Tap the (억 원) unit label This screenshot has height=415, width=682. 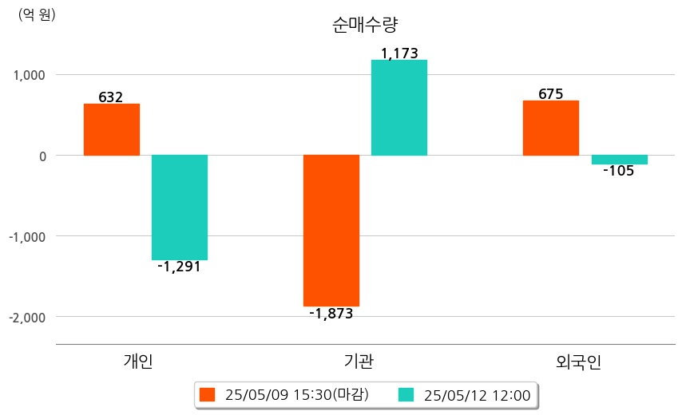point(36,14)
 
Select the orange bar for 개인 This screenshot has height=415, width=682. point(111,129)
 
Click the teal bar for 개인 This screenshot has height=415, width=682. point(180,207)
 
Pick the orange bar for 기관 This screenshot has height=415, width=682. point(331,231)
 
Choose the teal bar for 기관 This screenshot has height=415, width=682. point(399,108)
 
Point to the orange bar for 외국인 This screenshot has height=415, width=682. point(550,128)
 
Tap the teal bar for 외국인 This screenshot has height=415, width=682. point(619,160)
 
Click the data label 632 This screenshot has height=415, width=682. point(111,97)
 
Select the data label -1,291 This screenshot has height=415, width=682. point(180,267)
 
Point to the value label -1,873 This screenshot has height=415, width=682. point(331,314)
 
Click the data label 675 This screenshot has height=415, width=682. point(550,94)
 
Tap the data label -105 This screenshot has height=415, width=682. point(619,171)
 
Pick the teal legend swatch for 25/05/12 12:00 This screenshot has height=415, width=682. point(407,394)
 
